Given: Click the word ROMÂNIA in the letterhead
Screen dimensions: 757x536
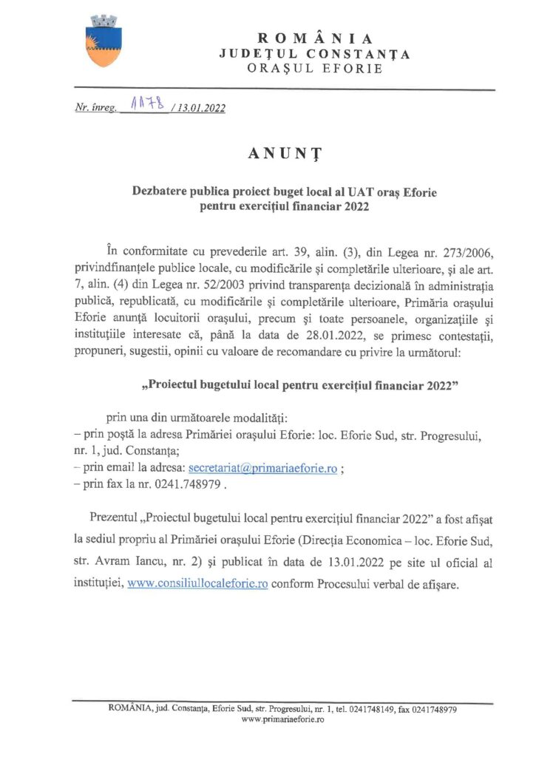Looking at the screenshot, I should click(x=315, y=38).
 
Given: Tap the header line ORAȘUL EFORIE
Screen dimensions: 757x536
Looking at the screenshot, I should click(x=315, y=69).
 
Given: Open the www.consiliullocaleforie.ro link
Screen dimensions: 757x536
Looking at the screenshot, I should click(x=197, y=583).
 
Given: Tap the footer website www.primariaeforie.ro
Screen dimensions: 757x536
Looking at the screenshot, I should click(x=283, y=719).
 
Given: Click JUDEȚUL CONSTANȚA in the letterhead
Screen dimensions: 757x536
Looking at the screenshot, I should click(x=315, y=54).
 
